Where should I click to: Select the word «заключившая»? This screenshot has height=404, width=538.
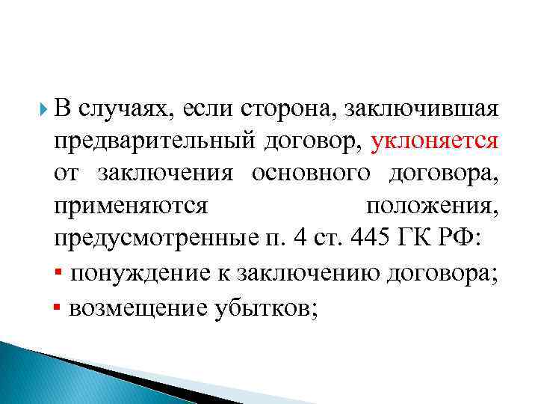421,110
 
